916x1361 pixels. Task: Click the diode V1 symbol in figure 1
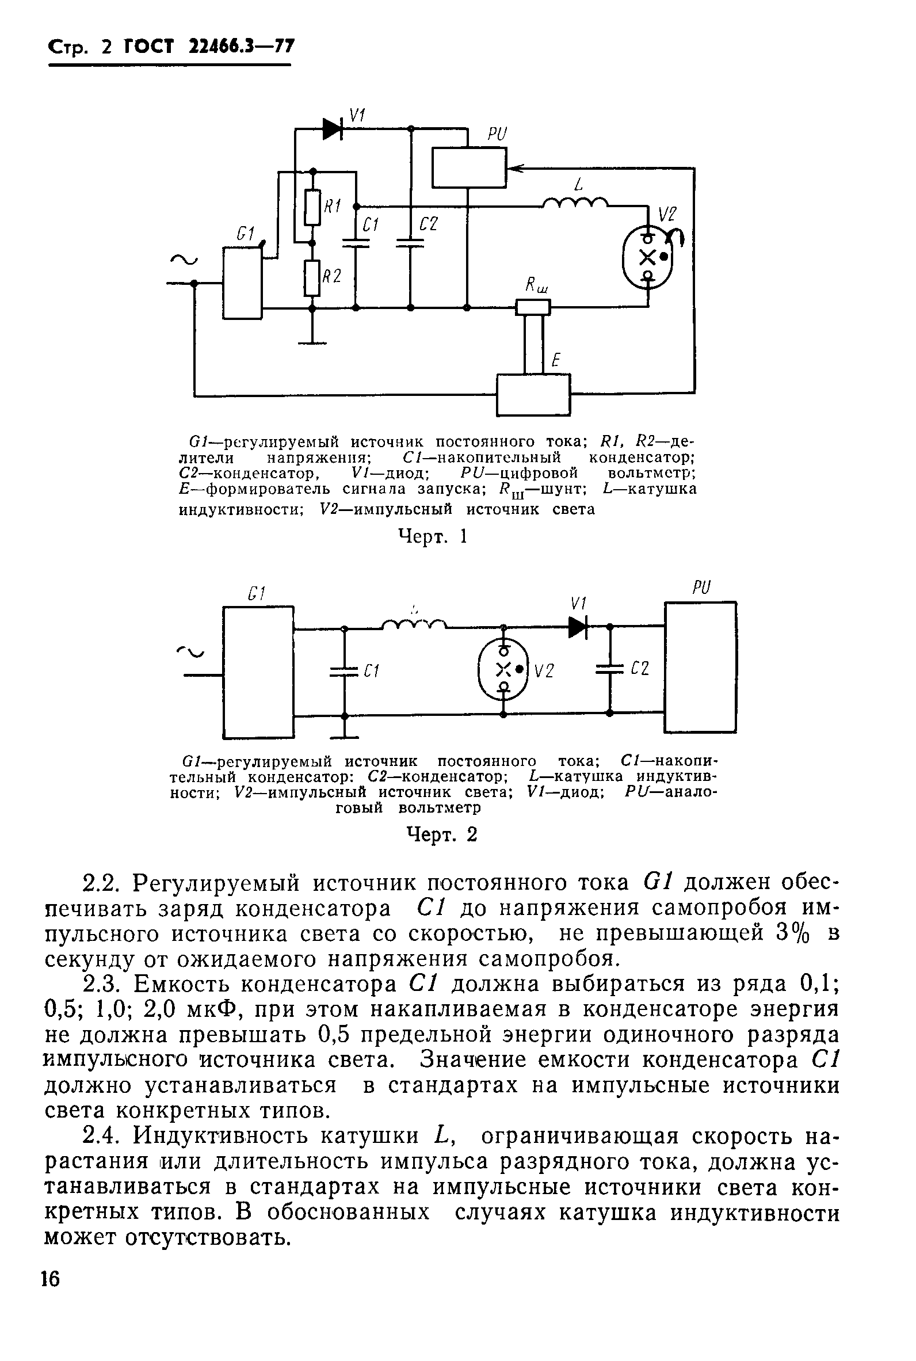[x=333, y=129]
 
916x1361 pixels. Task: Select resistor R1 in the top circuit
[x=313, y=207]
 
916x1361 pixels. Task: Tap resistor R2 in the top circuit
[x=313, y=279]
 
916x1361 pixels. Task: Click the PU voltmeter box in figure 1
[x=468, y=167]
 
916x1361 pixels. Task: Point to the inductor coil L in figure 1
[x=575, y=203]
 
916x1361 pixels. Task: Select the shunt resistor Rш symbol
[x=533, y=307]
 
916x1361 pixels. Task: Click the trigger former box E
[x=533, y=394]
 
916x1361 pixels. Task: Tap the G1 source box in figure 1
[x=242, y=283]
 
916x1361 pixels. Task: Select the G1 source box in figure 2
[x=258, y=672]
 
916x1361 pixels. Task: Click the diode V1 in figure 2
[x=577, y=627]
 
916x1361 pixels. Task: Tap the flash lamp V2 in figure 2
[x=503, y=670]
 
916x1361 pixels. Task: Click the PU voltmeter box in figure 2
[x=700, y=667]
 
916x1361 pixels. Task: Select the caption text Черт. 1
[x=433, y=536]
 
